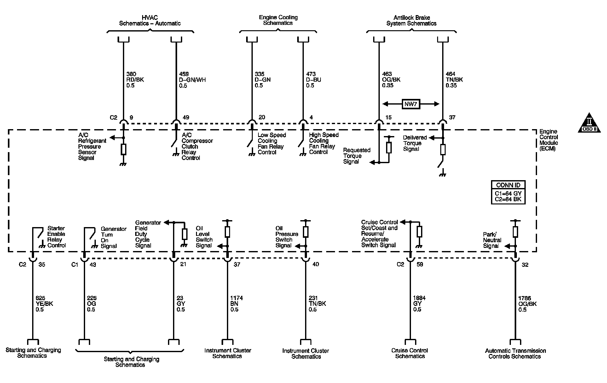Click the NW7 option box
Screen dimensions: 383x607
[x=411, y=104]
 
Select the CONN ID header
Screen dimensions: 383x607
[x=508, y=185]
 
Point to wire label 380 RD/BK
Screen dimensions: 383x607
[x=135, y=80]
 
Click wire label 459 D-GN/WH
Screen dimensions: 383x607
[x=192, y=80]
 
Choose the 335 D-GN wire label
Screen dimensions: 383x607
[x=263, y=80]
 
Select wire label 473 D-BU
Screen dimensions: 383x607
[x=314, y=80]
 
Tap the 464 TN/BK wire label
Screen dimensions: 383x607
[x=454, y=80]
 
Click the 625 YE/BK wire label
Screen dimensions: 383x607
[x=44, y=304]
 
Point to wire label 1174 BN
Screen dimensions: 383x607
[x=237, y=304]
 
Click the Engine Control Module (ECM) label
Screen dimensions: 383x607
[x=548, y=140]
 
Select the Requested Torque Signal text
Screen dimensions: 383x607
[x=356, y=156]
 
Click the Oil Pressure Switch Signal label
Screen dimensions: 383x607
[x=286, y=237]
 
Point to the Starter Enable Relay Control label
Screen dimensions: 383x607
[x=56, y=237]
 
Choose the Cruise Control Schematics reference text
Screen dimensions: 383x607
[x=410, y=353]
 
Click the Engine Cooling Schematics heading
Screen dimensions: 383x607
[x=278, y=20]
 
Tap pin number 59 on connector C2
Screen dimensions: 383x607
[x=420, y=265]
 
